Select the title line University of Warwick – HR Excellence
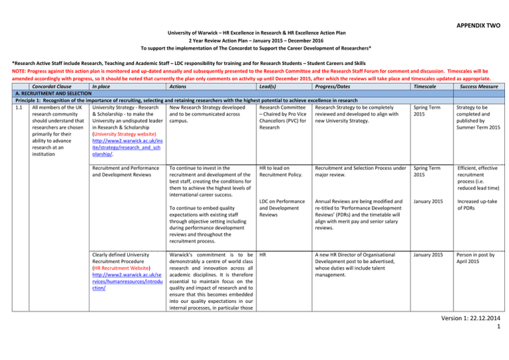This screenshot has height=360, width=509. tap(255, 31)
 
